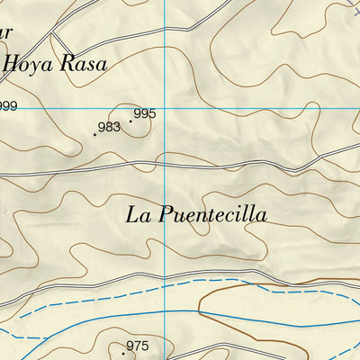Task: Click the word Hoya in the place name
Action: [x=31, y=63]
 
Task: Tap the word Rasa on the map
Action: [x=83, y=63]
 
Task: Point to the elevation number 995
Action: [x=144, y=114]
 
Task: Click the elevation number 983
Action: [x=109, y=127]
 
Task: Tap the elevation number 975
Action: [x=137, y=346]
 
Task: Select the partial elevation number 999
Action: [x=8, y=106]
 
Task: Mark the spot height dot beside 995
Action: [x=130, y=121]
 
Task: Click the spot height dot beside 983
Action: [x=94, y=134]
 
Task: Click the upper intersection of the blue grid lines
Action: [x=165, y=108]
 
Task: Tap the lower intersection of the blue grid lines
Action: [x=165, y=310]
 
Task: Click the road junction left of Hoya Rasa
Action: [x=51, y=33]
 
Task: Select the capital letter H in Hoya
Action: [x=13, y=63]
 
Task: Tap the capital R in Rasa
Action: [x=67, y=63]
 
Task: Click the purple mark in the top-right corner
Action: [x=354, y=4]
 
